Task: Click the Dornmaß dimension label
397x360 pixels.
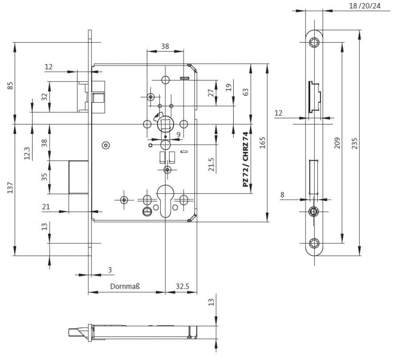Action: tap(126, 286)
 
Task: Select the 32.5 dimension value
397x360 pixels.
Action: tap(180, 286)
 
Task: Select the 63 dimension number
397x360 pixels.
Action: tap(246, 92)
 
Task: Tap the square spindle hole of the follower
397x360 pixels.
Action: tap(165, 124)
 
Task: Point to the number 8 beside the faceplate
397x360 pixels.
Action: tap(282, 195)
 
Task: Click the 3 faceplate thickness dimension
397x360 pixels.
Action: tap(110, 270)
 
